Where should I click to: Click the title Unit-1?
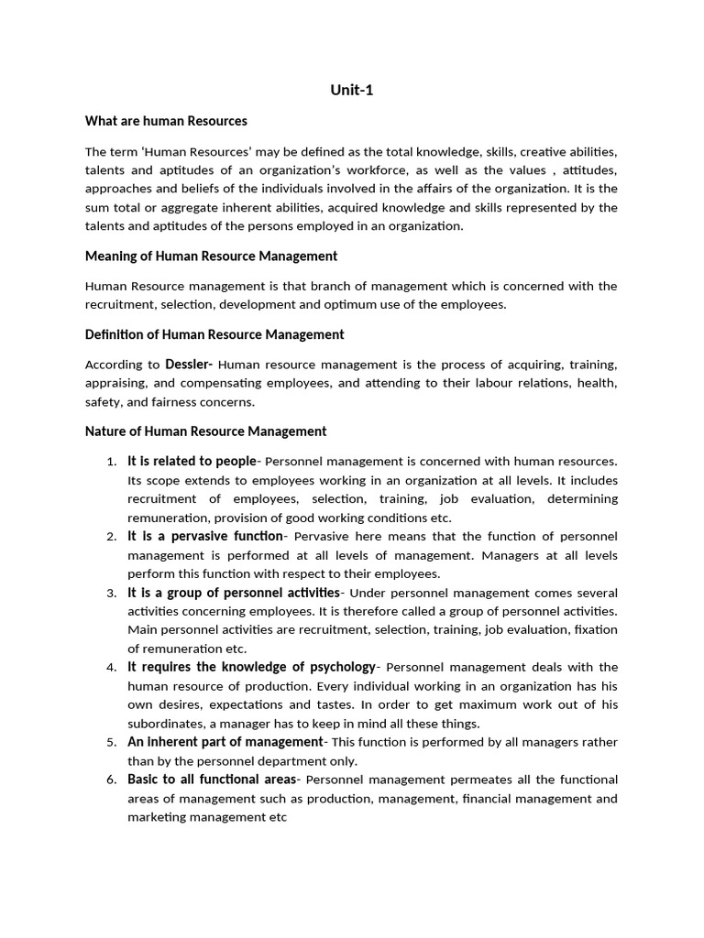pos(352,90)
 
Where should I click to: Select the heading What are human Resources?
pos(166,121)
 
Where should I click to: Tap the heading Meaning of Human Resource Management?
pos(211,256)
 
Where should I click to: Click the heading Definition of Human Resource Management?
pos(214,334)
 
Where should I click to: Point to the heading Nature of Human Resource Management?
pos(205,431)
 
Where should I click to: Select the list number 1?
pos(110,462)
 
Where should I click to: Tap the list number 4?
pos(110,667)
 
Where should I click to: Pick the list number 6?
pos(110,780)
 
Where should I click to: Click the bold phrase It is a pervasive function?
pos(205,536)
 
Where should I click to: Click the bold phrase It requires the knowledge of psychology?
pos(251,667)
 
